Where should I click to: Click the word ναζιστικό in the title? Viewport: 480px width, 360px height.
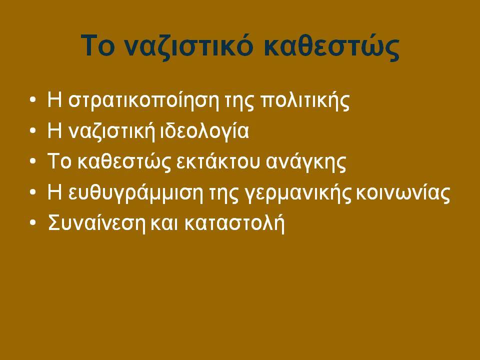click(189, 46)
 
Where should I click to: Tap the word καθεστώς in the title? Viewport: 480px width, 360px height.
click(331, 46)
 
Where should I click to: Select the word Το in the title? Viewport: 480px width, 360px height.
click(98, 45)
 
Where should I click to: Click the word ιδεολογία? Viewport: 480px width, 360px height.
click(204, 131)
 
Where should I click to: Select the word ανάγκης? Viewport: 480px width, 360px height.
click(306, 162)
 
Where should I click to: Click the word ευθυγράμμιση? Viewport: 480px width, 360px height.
click(135, 192)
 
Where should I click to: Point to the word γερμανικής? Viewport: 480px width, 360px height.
click(298, 193)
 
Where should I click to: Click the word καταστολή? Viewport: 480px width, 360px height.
click(234, 223)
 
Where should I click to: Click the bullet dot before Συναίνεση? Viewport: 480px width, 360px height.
click(33, 222)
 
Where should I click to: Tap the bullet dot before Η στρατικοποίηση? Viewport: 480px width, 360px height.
click(33, 100)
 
